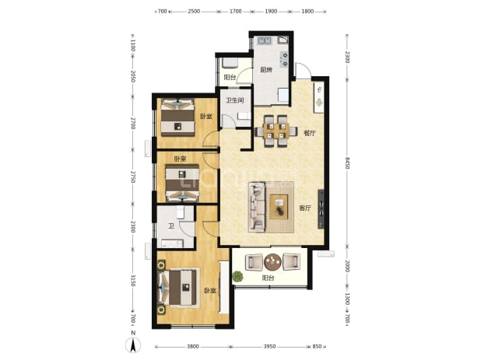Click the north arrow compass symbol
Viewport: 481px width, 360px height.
[133, 345]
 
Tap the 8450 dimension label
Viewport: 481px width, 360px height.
[347, 163]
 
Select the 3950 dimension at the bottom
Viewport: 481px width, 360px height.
[269, 347]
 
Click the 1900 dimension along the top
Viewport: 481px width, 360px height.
[271, 12]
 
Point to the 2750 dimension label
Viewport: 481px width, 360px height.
[132, 177]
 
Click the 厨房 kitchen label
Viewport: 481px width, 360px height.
[266, 70]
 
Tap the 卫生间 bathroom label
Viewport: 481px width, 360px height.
[235, 100]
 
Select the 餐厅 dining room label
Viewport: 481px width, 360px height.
[310, 133]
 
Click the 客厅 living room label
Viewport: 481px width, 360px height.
[305, 208]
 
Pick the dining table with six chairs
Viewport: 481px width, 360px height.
[276, 131]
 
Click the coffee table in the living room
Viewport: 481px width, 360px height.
[279, 207]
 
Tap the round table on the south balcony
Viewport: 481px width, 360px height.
[272, 262]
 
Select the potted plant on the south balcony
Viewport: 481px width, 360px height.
[237, 276]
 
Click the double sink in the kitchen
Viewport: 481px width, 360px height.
[265, 40]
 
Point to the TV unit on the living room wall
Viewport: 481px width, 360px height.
[321, 209]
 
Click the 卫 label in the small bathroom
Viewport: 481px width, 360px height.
[171, 226]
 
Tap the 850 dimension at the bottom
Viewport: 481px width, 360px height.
[317, 347]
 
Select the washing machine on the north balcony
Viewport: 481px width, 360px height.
[230, 63]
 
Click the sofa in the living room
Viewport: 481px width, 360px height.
[257, 207]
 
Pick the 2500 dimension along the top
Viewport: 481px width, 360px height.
[194, 12]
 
